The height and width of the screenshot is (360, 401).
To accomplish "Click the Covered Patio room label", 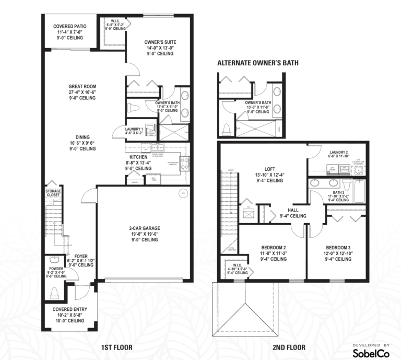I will coord(69,26).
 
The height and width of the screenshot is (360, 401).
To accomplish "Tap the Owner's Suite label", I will coord(160,43).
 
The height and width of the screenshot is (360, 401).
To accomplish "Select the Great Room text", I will coord(82,87).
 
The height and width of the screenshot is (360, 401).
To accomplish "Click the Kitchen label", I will coord(139,157).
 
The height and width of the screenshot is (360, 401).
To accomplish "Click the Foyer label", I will coord(80,256).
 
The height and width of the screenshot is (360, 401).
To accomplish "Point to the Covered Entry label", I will coord(69,309).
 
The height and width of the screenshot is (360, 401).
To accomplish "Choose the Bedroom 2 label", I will coord(273,247).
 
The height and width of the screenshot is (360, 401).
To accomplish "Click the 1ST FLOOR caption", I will coord(116,347).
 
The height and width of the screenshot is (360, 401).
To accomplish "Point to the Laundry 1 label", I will coord(134,129).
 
